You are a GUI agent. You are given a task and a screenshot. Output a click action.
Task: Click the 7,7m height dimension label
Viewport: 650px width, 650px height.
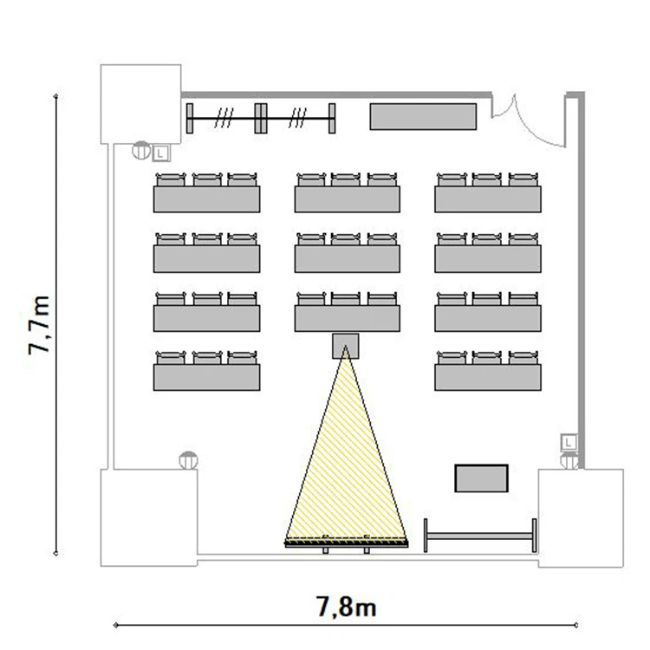39,325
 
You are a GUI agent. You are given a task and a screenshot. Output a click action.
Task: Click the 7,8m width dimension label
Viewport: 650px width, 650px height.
347,607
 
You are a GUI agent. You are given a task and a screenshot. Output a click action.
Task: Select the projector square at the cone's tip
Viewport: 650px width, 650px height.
345,346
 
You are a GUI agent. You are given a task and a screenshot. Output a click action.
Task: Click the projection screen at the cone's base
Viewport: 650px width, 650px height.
346,543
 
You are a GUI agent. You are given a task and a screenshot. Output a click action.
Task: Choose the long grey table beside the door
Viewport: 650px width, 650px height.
423,116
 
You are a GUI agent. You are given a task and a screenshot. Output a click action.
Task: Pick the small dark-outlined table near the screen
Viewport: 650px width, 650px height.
481,478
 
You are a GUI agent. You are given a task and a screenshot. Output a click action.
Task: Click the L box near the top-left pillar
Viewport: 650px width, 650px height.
161,153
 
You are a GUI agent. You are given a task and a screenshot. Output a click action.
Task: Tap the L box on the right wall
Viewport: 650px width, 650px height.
569,442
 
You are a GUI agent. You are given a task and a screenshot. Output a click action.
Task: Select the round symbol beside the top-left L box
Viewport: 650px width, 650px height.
141,150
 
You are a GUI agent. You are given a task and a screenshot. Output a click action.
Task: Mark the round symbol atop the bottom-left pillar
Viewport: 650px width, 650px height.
188,460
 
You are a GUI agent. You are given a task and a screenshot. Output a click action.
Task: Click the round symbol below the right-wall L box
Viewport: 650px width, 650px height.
569,460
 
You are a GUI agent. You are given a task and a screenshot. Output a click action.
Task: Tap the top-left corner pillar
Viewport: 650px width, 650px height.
141,104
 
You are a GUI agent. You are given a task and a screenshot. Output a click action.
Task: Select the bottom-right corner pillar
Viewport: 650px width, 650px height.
581,517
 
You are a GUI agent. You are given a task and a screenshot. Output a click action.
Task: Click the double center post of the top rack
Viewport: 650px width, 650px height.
261,119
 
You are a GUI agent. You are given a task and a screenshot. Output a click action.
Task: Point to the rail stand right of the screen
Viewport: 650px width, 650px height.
480,536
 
